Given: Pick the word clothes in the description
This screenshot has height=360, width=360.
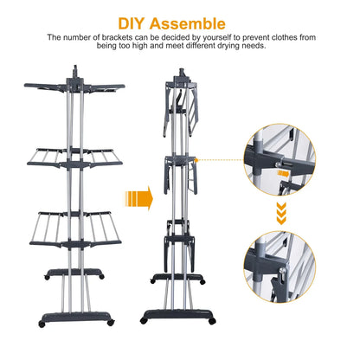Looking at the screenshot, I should [273, 38].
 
